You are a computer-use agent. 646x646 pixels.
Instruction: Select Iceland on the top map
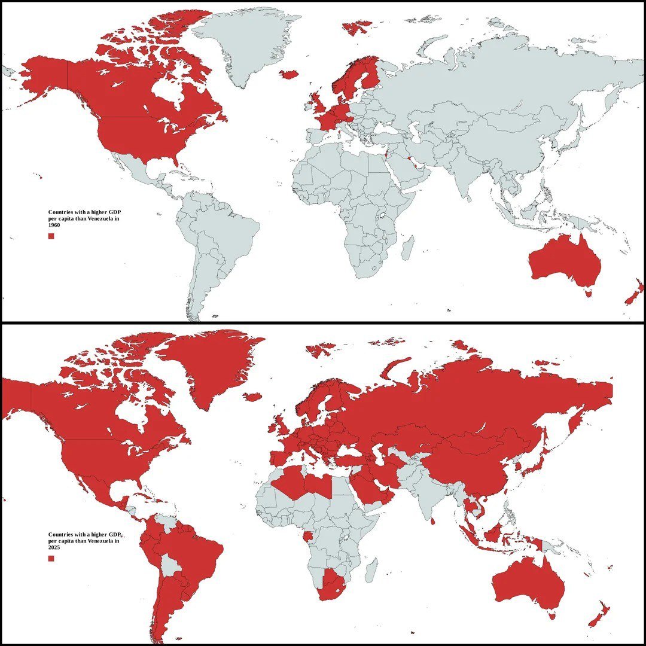point(289,74)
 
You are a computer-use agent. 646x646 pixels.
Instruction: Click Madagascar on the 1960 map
point(407,248)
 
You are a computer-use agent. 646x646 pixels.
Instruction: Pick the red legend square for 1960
point(51,236)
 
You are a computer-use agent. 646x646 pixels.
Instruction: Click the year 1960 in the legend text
point(54,225)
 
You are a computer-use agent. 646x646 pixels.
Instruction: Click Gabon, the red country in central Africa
point(307,535)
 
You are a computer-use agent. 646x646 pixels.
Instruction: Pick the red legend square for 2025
point(51,558)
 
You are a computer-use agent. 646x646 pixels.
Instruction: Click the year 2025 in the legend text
point(54,547)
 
